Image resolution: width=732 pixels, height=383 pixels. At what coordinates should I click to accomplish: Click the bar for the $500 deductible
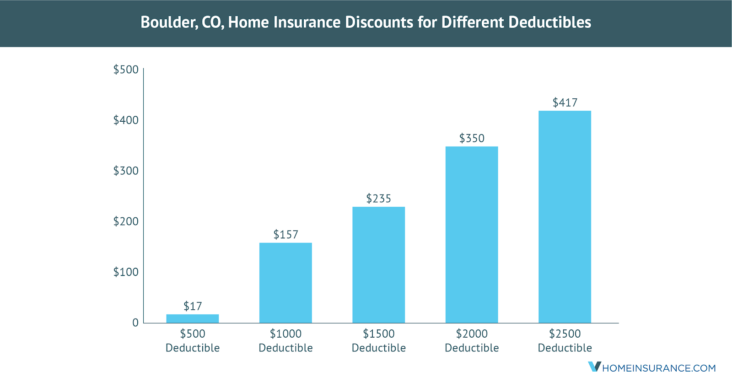pyautogui.click(x=192, y=318)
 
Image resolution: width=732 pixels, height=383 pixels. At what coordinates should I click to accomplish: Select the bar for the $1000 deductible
pyautogui.click(x=285, y=283)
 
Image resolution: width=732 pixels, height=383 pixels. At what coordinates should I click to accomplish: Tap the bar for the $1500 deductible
pyautogui.click(x=378, y=265)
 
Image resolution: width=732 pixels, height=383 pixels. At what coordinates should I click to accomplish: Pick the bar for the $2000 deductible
pyautogui.click(x=472, y=235)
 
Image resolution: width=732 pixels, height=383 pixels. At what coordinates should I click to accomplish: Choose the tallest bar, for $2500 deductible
pyautogui.click(x=565, y=217)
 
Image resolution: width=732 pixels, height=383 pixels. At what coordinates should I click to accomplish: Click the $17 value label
pyautogui.click(x=193, y=306)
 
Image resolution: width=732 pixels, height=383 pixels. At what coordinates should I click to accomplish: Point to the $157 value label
pyautogui.click(x=285, y=235)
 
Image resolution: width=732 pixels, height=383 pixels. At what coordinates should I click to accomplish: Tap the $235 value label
pyautogui.click(x=378, y=199)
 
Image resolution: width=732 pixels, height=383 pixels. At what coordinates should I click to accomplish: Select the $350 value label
pyautogui.click(x=472, y=138)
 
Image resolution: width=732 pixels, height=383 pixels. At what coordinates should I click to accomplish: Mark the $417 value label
pyautogui.click(x=565, y=102)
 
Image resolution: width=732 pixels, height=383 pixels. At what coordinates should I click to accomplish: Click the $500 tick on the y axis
pyautogui.click(x=126, y=70)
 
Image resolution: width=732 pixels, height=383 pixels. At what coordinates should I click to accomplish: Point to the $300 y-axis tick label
pyautogui.click(x=126, y=171)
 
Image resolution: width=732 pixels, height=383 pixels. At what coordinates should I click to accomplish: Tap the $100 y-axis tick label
pyautogui.click(x=126, y=272)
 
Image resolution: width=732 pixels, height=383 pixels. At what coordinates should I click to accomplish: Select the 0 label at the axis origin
pyautogui.click(x=135, y=323)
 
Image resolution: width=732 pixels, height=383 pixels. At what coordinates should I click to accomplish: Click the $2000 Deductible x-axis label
pyautogui.click(x=472, y=341)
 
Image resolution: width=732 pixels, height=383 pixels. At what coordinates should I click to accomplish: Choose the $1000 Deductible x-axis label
pyautogui.click(x=285, y=341)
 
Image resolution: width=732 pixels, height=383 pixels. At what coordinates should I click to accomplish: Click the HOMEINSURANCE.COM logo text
pyautogui.click(x=659, y=368)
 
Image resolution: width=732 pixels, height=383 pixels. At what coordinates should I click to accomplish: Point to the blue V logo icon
pyautogui.click(x=594, y=367)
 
